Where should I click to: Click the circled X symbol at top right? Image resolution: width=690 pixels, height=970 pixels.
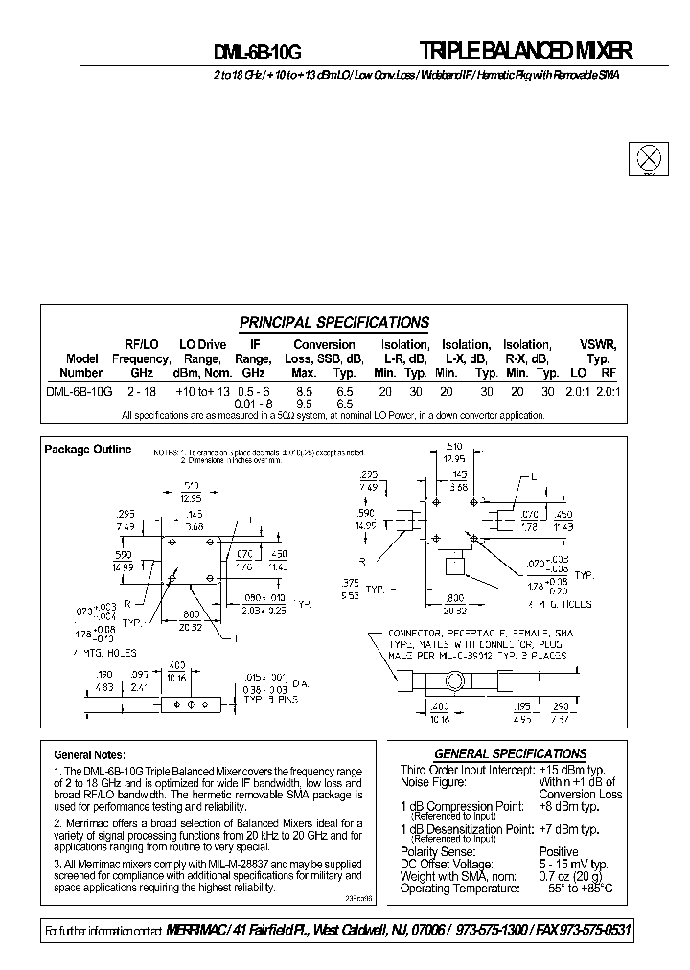pyautogui.click(x=649, y=156)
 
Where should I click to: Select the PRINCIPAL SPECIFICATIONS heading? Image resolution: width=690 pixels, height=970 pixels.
pyautogui.click(x=333, y=323)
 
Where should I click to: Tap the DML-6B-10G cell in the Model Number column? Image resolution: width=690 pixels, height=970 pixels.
pyautogui.click(x=80, y=391)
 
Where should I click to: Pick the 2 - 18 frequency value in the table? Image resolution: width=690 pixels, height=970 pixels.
pyautogui.click(x=141, y=391)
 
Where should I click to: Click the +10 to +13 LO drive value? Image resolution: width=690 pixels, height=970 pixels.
pyautogui.click(x=202, y=391)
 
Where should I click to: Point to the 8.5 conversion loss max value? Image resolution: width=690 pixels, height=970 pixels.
pyautogui.click(x=304, y=391)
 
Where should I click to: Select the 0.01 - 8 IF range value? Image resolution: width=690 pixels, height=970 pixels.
pyautogui.click(x=254, y=404)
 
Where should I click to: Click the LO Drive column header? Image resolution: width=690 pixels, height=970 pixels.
pyautogui.click(x=202, y=345)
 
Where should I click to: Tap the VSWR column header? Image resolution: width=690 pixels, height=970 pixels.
pyautogui.click(x=598, y=345)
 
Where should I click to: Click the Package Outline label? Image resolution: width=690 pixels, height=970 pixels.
pyautogui.click(x=88, y=450)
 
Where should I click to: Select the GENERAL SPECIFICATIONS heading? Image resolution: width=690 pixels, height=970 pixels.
pyautogui.click(x=510, y=753)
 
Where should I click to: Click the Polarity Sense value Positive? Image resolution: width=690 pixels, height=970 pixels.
pyautogui.click(x=559, y=851)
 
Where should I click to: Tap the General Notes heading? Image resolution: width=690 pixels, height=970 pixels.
pyautogui.click(x=89, y=755)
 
